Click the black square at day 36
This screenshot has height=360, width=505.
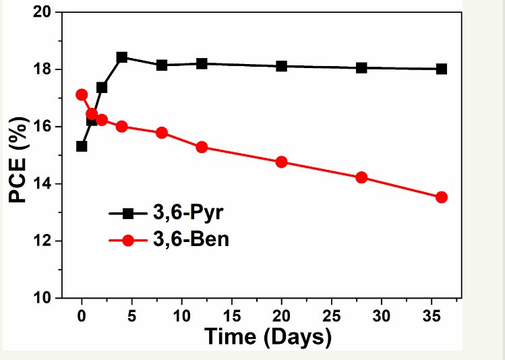(441, 69)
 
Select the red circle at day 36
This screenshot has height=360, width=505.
(441, 197)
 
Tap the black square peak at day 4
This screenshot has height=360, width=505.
(122, 57)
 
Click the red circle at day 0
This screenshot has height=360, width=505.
(82, 95)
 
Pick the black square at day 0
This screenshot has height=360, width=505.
(82, 146)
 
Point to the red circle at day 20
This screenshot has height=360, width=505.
(281, 162)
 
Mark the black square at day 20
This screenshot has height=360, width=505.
(281, 66)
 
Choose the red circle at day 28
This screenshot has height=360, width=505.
(361, 177)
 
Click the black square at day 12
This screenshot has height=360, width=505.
(202, 63)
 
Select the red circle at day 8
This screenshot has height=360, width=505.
(162, 133)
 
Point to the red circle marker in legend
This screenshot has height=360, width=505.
(129, 239)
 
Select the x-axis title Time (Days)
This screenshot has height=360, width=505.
(268, 336)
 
